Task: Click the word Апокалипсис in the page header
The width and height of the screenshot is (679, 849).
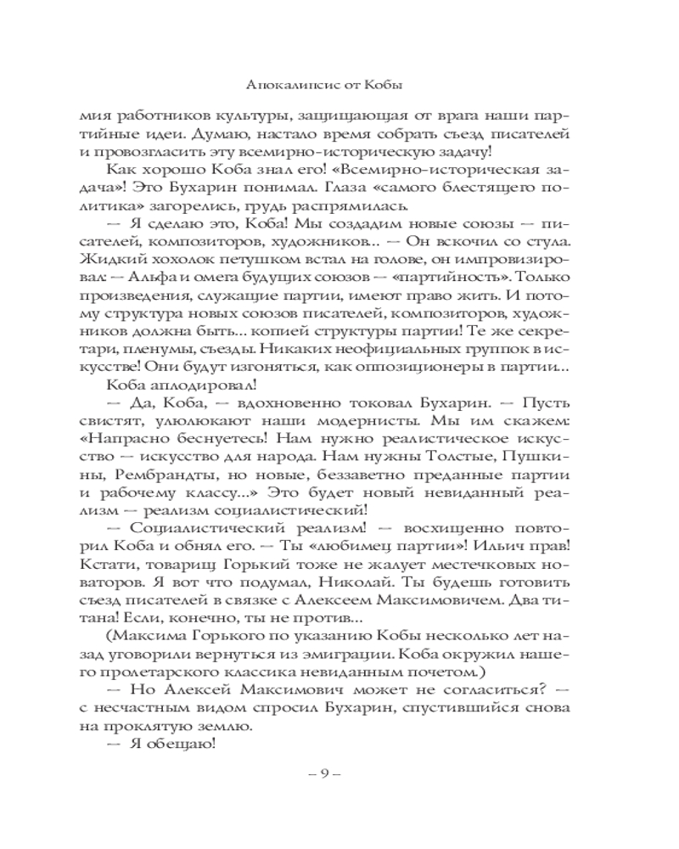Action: [x=279, y=86]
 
